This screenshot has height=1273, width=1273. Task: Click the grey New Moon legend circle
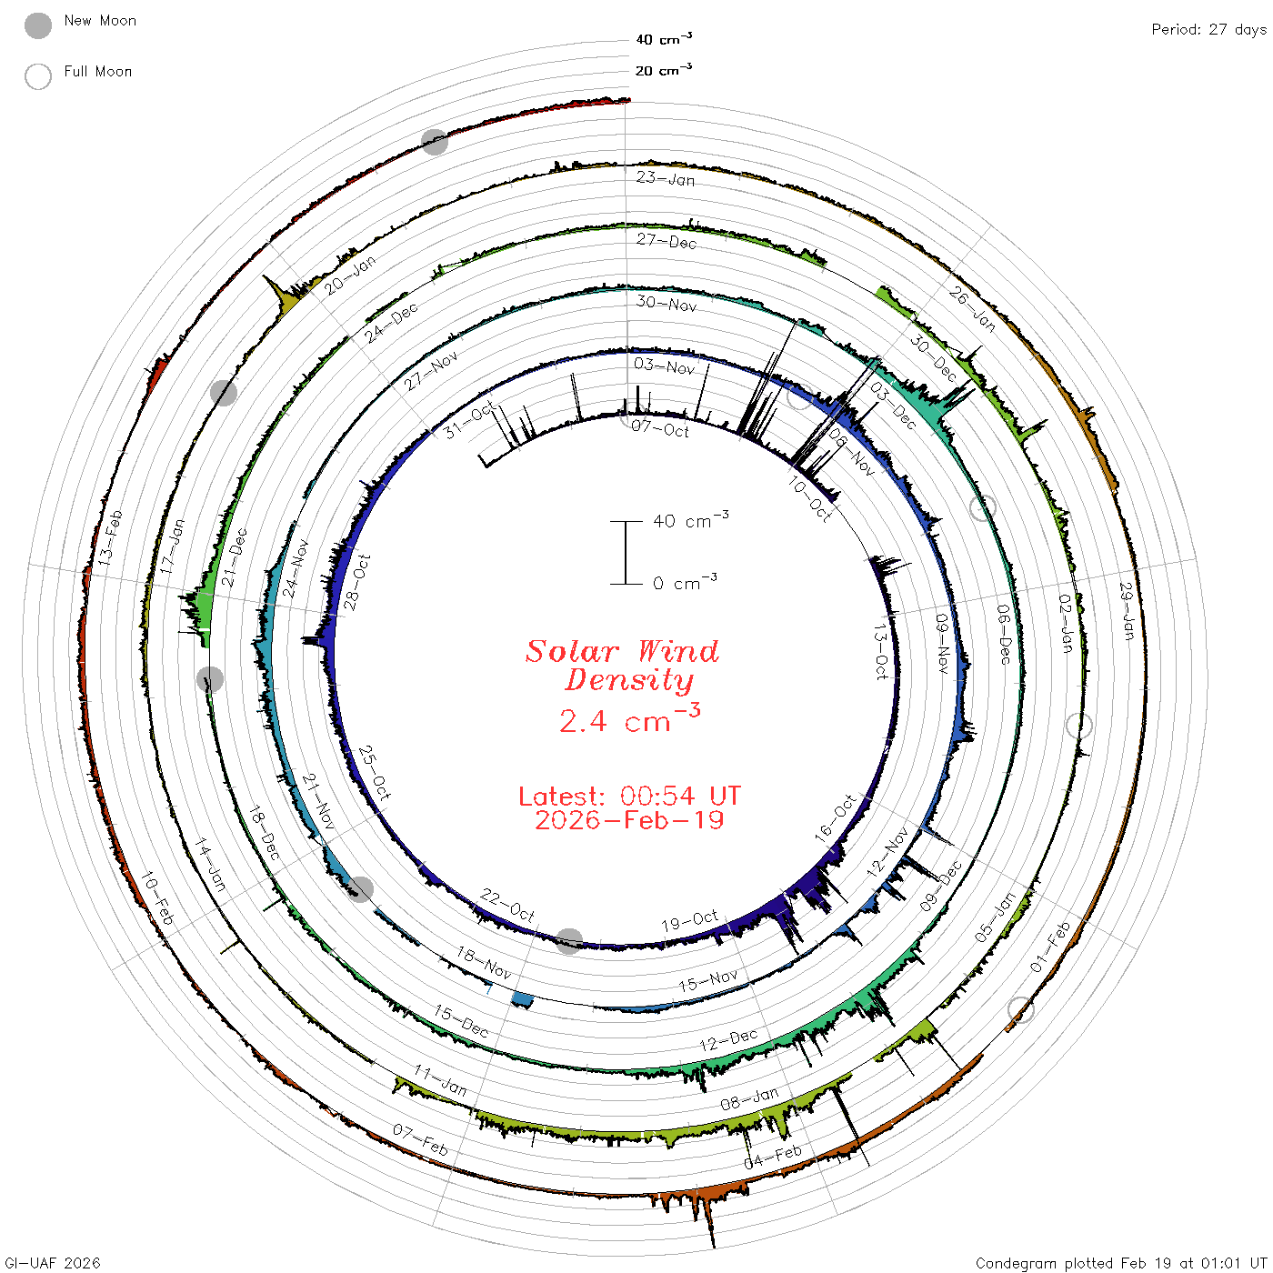point(37,25)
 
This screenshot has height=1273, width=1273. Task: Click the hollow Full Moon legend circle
point(37,76)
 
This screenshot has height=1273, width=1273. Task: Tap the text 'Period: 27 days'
point(1208,30)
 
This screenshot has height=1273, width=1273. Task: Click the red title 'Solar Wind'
point(622,651)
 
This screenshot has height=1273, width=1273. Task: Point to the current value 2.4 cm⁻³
point(629,719)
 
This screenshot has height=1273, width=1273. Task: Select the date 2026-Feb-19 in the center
point(629,820)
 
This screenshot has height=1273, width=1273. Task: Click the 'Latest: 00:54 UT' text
point(629,796)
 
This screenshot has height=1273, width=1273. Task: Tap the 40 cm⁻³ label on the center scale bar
point(691,520)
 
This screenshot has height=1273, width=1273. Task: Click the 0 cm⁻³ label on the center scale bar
point(685,583)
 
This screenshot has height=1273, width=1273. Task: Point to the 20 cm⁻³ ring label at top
point(664,69)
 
